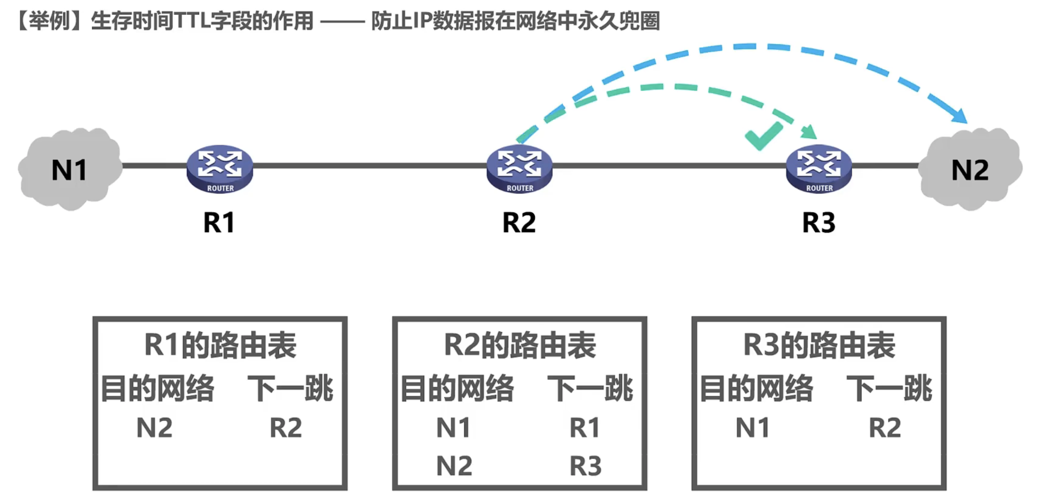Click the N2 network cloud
tap(970, 169)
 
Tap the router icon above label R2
tap(520, 169)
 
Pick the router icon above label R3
tap(819, 169)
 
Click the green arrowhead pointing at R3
tap(809, 132)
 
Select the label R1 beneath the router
tap(219, 223)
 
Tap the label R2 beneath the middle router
tap(519, 223)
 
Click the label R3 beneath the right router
tap(819, 223)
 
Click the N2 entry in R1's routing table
tap(155, 427)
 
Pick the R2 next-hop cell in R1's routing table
tap(286, 427)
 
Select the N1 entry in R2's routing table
tap(454, 427)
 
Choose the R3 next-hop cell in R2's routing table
tap(586, 465)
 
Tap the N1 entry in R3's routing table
tap(753, 427)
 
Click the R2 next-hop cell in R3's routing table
tap(885, 427)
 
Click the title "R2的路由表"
tap(520, 345)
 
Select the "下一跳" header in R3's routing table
tap(889, 388)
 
